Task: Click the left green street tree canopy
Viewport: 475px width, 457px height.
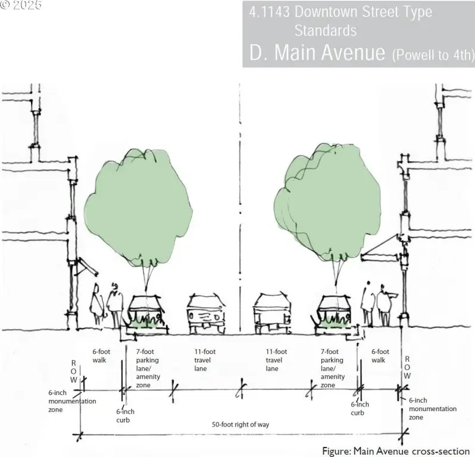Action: tap(138, 206)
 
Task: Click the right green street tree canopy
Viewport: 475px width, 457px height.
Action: tap(327, 203)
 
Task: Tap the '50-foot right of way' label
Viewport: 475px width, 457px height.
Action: tap(240, 425)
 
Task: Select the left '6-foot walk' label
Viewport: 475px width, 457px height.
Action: tap(101, 356)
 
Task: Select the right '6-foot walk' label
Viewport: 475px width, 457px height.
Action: tap(380, 356)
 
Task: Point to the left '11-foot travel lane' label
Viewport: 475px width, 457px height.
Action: tap(205, 360)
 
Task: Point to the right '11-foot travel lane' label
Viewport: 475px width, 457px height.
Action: tap(276, 360)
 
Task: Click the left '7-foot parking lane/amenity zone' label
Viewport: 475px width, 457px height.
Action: tap(148, 368)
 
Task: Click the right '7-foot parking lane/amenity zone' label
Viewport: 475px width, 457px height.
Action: tap(333, 368)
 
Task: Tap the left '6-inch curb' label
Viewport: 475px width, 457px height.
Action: tap(125, 416)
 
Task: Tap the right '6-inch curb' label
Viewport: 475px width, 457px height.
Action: tap(360, 409)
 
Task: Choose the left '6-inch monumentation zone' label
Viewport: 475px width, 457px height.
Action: tap(72, 401)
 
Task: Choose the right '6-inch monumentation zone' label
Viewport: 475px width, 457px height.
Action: tap(433, 409)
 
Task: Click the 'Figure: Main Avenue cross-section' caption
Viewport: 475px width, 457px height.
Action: tap(396, 451)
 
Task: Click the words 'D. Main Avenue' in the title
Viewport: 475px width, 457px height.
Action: tap(317, 52)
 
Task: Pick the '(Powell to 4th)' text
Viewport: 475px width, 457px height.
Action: tap(433, 55)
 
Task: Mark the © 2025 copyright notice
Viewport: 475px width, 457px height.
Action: tap(20, 5)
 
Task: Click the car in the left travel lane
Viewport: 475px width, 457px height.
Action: tap(207, 314)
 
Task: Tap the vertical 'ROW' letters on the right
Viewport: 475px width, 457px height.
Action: tap(407, 367)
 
